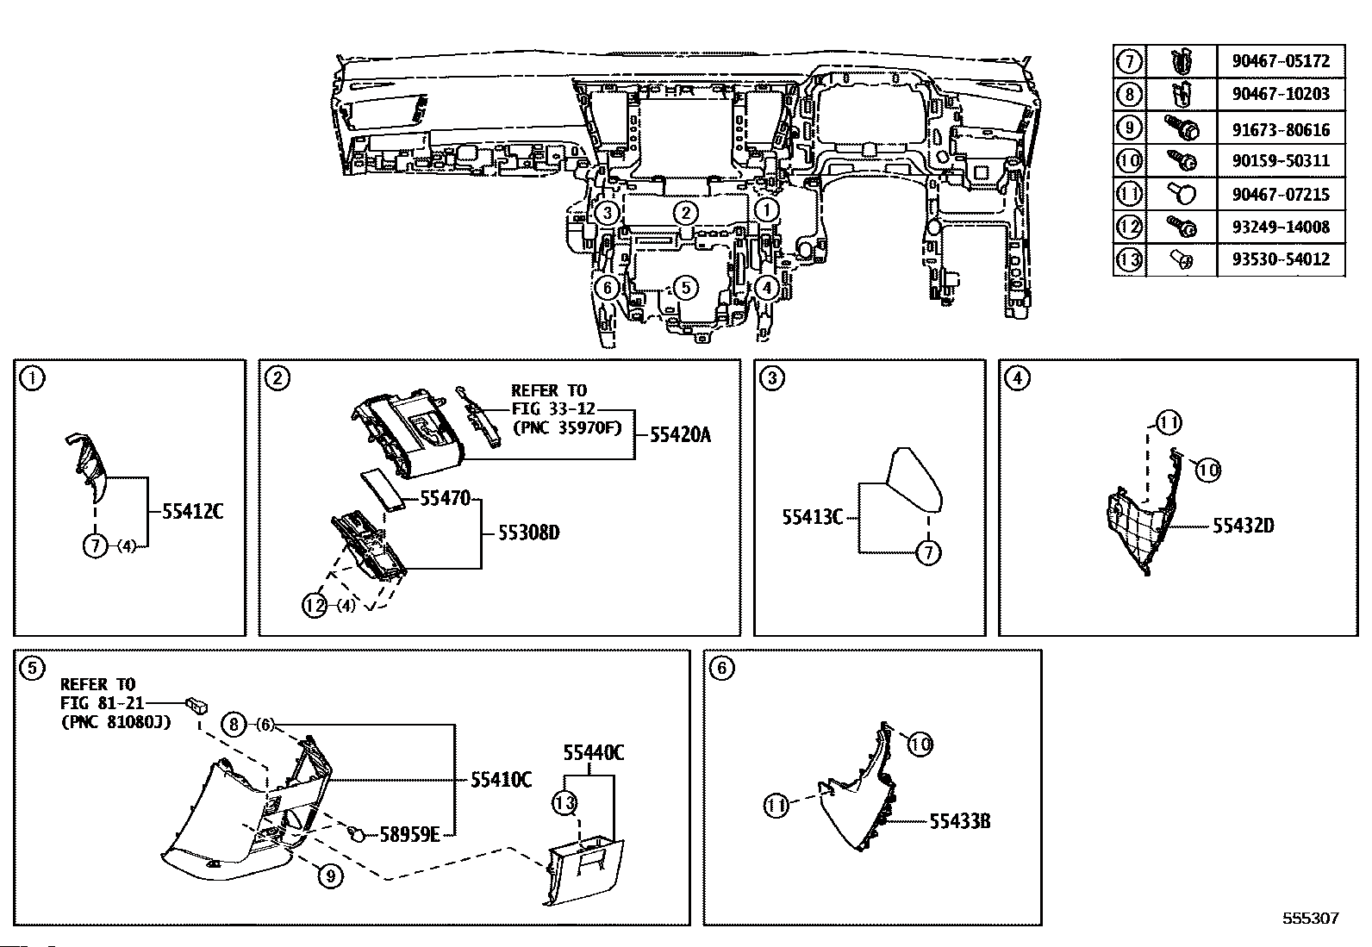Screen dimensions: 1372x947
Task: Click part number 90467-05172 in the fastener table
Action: tap(1281, 61)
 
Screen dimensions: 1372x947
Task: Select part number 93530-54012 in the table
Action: tap(1281, 259)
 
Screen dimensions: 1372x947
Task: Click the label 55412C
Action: tap(192, 512)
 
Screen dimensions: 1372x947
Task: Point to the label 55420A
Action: tap(680, 435)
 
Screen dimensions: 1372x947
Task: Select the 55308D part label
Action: tap(528, 533)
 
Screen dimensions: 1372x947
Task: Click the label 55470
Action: tap(446, 499)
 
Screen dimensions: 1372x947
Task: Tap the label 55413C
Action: tap(812, 518)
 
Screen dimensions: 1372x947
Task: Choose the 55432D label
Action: tap(1244, 526)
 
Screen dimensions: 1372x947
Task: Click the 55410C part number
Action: tap(501, 780)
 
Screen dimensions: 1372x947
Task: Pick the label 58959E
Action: tap(409, 834)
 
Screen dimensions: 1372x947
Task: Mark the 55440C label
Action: tap(594, 752)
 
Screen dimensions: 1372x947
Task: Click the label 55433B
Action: tap(960, 821)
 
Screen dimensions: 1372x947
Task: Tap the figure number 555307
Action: tap(1311, 918)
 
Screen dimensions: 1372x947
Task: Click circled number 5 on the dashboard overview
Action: tap(685, 287)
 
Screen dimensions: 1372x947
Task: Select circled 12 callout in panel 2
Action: tap(315, 606)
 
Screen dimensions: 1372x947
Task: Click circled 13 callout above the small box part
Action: tap(564, 802)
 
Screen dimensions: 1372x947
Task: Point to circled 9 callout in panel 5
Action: tap(331, 876)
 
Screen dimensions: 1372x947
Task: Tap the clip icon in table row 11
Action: tap(1182, 194)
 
